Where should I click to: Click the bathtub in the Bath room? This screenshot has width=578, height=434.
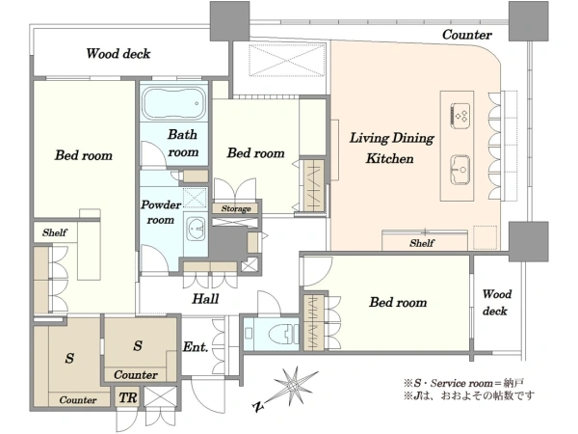tap(173, 103)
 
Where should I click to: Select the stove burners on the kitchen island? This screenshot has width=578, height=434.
tap(460, 116)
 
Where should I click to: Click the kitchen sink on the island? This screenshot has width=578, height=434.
tap(460, 170)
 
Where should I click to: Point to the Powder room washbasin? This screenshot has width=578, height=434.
tap(196, 229)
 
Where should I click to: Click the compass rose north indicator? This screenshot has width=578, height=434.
tap(291, 388)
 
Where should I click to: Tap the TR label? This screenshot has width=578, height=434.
tap(128, 397)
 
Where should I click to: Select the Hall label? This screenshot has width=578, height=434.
tap(205, 298)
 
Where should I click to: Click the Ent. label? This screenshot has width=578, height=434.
tap(196, 347)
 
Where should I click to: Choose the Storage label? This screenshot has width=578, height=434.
tap(236, 209)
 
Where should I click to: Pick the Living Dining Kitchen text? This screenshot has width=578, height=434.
tap(391, 148)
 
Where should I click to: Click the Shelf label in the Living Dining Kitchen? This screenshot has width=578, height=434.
tap(422, 243)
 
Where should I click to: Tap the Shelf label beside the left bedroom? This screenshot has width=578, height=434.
tap(55, 232)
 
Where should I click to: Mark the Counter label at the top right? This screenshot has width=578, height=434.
tap(467, 35)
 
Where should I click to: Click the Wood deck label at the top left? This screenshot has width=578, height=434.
tap(118, 53)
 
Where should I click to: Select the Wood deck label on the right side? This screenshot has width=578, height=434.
tap(496, 302)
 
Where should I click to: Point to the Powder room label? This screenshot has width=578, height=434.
tap(160, 212)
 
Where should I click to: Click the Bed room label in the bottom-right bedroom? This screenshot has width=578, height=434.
tap(398, 302)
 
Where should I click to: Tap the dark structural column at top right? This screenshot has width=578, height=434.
tap(528, 20)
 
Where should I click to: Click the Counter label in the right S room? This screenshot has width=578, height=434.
tap(136, 375)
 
